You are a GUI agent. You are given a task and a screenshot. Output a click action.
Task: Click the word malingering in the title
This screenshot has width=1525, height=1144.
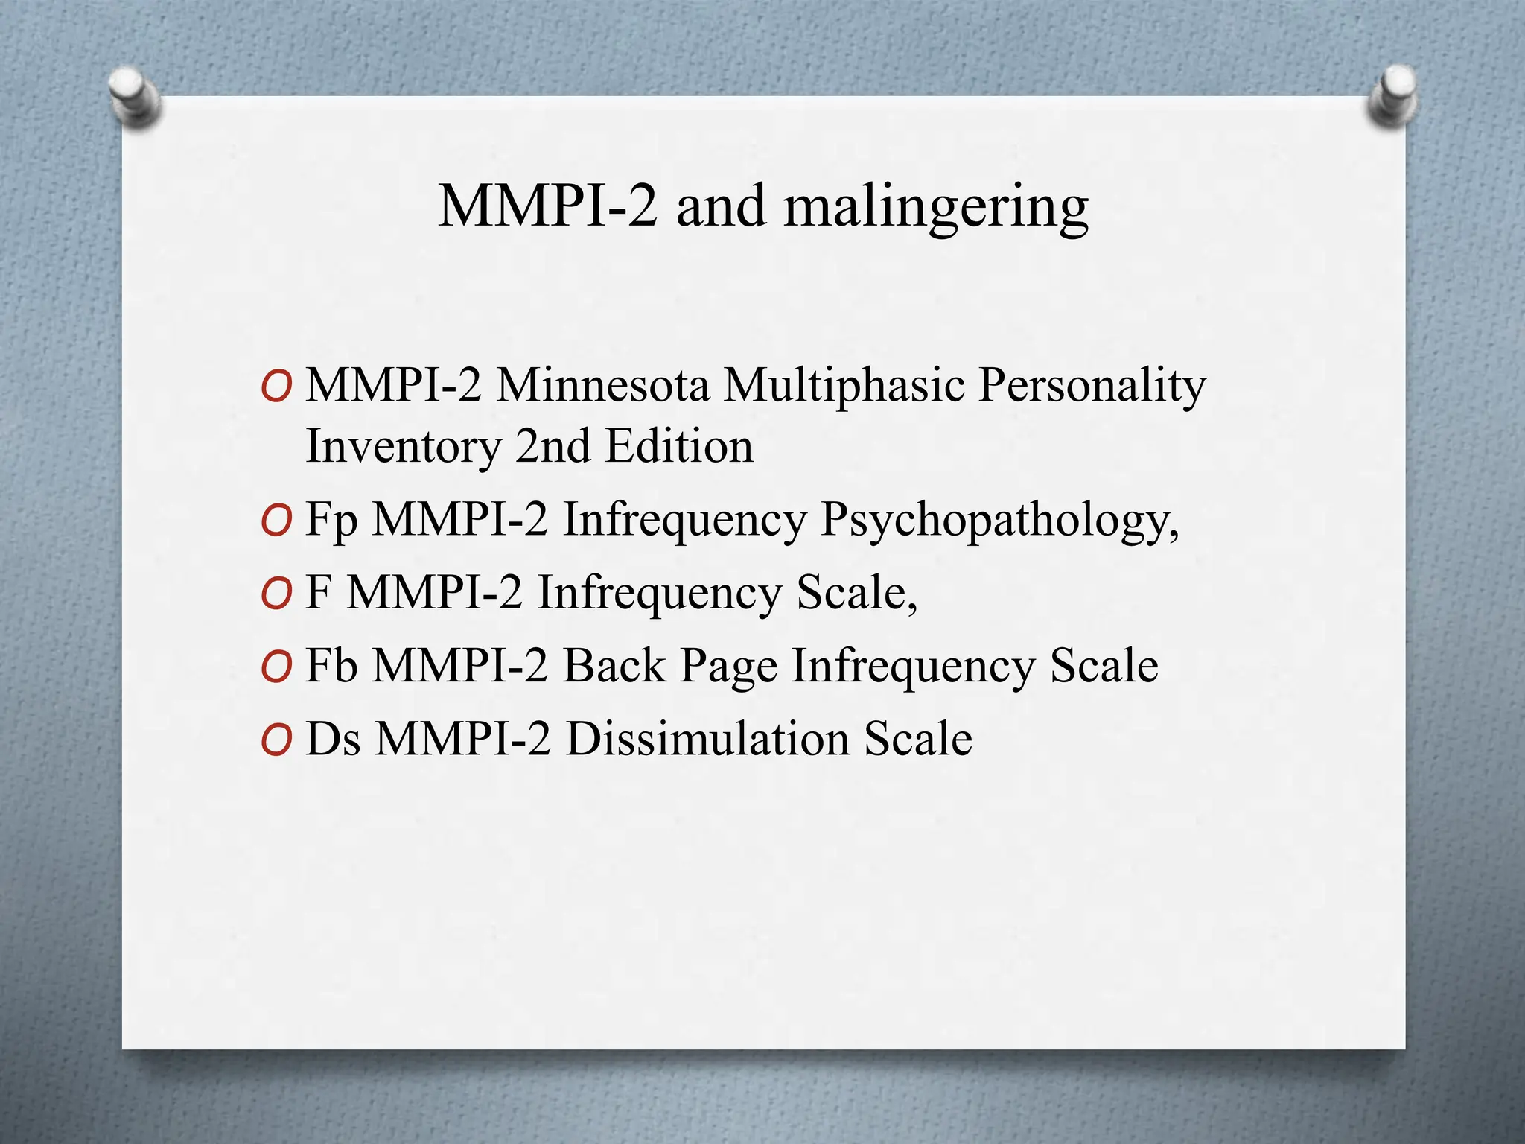tap(936, 207)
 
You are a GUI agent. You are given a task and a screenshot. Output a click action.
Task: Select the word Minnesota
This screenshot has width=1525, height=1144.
tap(603, 386)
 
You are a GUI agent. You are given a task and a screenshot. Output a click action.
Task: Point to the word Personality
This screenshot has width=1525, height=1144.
tap(1092, 386)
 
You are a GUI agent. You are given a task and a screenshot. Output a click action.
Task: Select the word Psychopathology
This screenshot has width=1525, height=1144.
tap(999, 520)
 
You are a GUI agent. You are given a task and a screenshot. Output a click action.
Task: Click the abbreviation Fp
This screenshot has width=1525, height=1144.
tap(332, 520)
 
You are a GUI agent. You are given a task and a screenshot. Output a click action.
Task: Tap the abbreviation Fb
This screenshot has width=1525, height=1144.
tap(332, 665)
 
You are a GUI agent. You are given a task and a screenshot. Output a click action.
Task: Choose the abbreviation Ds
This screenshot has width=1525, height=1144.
tap(334, 739)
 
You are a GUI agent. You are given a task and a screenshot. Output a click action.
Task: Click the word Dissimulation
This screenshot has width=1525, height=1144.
tap(707, 739)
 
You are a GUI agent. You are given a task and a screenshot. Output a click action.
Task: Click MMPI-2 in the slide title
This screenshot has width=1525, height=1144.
tap(548, 207)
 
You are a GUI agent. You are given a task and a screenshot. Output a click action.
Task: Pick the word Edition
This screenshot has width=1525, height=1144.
tap(679, 447)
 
